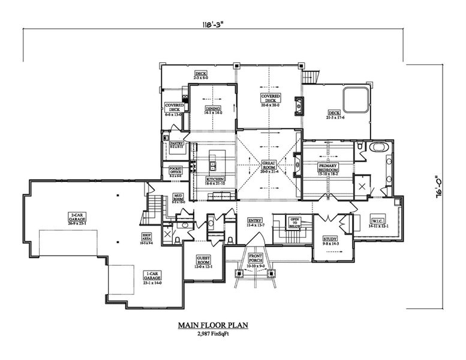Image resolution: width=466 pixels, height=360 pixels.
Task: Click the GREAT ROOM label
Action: pyautogui.click(x=269, y=165)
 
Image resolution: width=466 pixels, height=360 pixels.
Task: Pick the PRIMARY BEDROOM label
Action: pyautogui.click(x=328, y=168)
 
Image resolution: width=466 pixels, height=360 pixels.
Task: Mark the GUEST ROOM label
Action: pyautogui.click(x=202, y=261)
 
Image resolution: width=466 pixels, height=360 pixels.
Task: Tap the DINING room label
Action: pyautogui.click(x=214, y=110)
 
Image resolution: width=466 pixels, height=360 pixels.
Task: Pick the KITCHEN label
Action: pyautogui.click(x=215, y=180)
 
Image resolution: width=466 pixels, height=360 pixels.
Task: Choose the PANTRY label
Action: pyautogui.click(x=176, y=145)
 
